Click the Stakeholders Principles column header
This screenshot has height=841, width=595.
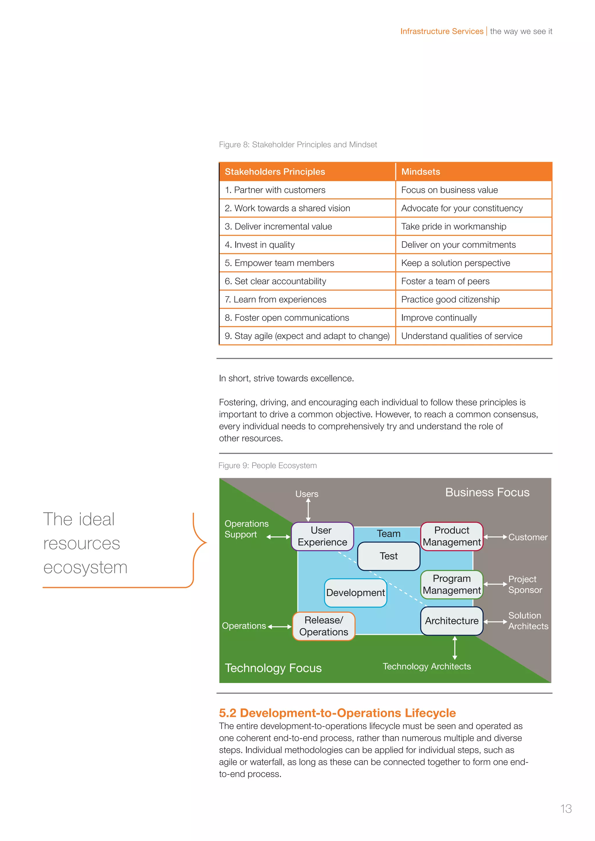pyautogui.click(x=275, y=172)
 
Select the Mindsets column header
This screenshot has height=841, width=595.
pyautogui.click(x=421, y=172)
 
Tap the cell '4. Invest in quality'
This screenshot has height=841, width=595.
pyautogui.click(x=260, y=245)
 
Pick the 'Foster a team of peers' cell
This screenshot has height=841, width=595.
pyautogui.click(x=445, y=281)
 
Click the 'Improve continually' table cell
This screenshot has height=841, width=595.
pyautogui.click(x=439, y=318)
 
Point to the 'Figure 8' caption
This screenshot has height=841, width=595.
pyautogui.click(x=297, y=145)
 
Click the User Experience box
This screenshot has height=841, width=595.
pyautogui.click(x=322, y=536)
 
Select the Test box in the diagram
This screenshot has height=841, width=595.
pyautogui.click(x=388, y=556)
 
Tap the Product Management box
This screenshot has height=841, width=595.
pyautogui.click(x=451, y=536)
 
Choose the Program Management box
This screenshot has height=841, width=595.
pyautogui.click(x=451, y=584)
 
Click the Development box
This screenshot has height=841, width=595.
pyautogui.click(x=355, y=593)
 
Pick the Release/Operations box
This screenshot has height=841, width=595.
pyautogui.click(x=324, y=626)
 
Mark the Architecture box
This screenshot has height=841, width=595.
pyautogui.click(x=451, y=621)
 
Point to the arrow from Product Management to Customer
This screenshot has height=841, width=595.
pyautogui.click(x=495, y=537)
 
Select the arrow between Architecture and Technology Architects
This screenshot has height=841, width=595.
pyautogui.click(x=455, y=648)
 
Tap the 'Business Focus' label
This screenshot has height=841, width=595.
pyautogui.click(x=487, y=492)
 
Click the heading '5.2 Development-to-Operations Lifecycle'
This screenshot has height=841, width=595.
pyautogui.click(x=337, y=713)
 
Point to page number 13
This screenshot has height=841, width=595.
pyautogui.click(x=566, y=809)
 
